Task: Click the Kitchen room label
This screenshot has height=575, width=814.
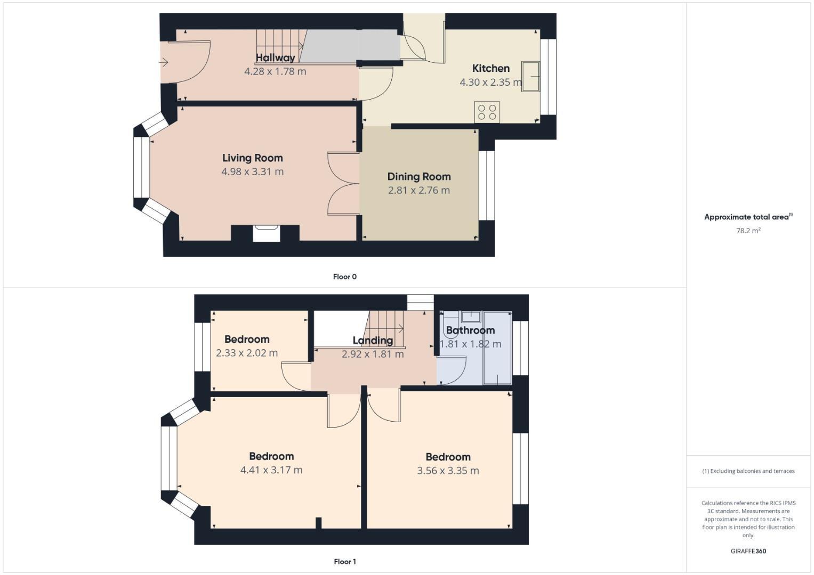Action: pyautogui.click(x=490, y=68)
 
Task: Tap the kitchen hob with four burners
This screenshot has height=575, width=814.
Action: pyautogui.click(x=487, y=112)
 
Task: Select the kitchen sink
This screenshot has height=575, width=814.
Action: pyautogui.click(x=530, y=77)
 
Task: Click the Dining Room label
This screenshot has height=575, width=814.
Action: pyautogui.click(x=419, y=177)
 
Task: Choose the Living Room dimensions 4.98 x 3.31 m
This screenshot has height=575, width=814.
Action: pyautogui.click(x=252, y=171)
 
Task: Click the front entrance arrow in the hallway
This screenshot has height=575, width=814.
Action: pyautogui.click(x=163, y=62)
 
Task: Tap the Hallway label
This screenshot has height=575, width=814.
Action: pyautogui.click(x=275, y=58)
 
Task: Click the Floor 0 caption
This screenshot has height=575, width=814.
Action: pyautogui.click(x=344, y=277)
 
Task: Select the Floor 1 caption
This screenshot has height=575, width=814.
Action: pyautogui.click(x=344, y=562)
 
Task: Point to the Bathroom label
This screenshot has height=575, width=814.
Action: pyautogui.click(x=470, y=330)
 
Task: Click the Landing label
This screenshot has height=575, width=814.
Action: pyautogui.click(x=373, y=340)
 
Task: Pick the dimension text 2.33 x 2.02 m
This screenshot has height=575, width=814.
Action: pyautogui.click(x=247, y=353)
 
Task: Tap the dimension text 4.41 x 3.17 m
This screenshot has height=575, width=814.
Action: pyautogui.click(x=271, y=470)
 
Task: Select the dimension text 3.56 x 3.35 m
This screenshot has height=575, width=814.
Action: pyautogui.click(x=448, y=471)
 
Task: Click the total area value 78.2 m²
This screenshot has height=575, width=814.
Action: pyautogui.click(x=748, y=231)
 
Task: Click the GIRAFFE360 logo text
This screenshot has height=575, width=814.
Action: pyautogui.click(x=748, y=551)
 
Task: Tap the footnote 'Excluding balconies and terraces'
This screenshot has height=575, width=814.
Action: pyautogui.click(x=748, y=471)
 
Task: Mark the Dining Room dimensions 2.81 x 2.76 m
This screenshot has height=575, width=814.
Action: pyautogui.click(x=419, y=190)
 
